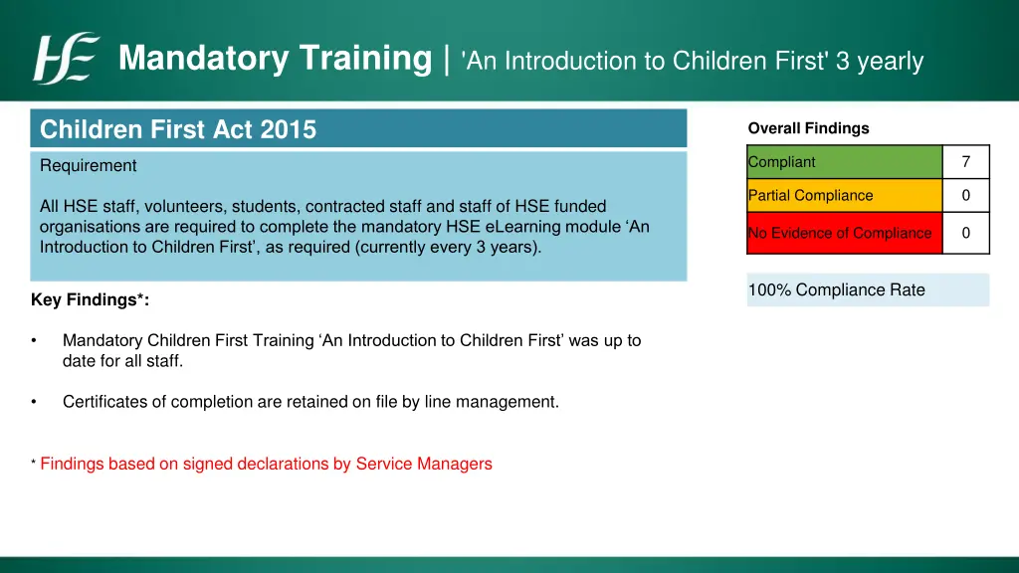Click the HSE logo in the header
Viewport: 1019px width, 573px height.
67,59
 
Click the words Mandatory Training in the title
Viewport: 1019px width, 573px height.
275,59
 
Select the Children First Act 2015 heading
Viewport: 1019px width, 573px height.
178,129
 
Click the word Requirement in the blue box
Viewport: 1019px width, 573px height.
89,166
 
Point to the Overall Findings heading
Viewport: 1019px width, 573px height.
808,128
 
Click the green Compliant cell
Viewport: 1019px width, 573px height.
844,162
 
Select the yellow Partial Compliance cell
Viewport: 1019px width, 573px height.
844,196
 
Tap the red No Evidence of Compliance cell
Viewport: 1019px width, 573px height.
844,233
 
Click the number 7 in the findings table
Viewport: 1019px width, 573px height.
965,162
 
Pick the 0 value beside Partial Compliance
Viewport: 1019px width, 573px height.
965,196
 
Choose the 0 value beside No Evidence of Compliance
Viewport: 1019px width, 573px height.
965,233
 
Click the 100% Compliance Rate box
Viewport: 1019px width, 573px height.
867,290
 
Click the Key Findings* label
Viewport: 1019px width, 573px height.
91,300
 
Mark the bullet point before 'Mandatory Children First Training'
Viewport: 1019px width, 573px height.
35,341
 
